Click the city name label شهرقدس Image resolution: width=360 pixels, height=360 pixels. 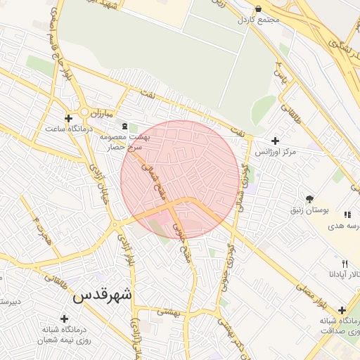click(103, 295)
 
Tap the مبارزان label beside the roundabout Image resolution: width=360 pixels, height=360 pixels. click(101, 112)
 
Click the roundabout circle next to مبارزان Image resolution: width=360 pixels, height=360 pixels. click(84, 112)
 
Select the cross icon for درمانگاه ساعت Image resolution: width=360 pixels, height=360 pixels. click(68, 118)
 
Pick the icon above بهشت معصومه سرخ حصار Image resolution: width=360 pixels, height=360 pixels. click(124, 126)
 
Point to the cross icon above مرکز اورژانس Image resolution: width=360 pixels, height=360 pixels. click(275, 141)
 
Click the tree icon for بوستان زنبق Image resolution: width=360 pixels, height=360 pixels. click(310, 199)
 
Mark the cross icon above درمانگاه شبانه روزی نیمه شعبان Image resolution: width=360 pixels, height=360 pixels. click(64, 319)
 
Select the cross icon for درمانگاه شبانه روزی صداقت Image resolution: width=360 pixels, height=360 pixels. click(342, 310)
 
